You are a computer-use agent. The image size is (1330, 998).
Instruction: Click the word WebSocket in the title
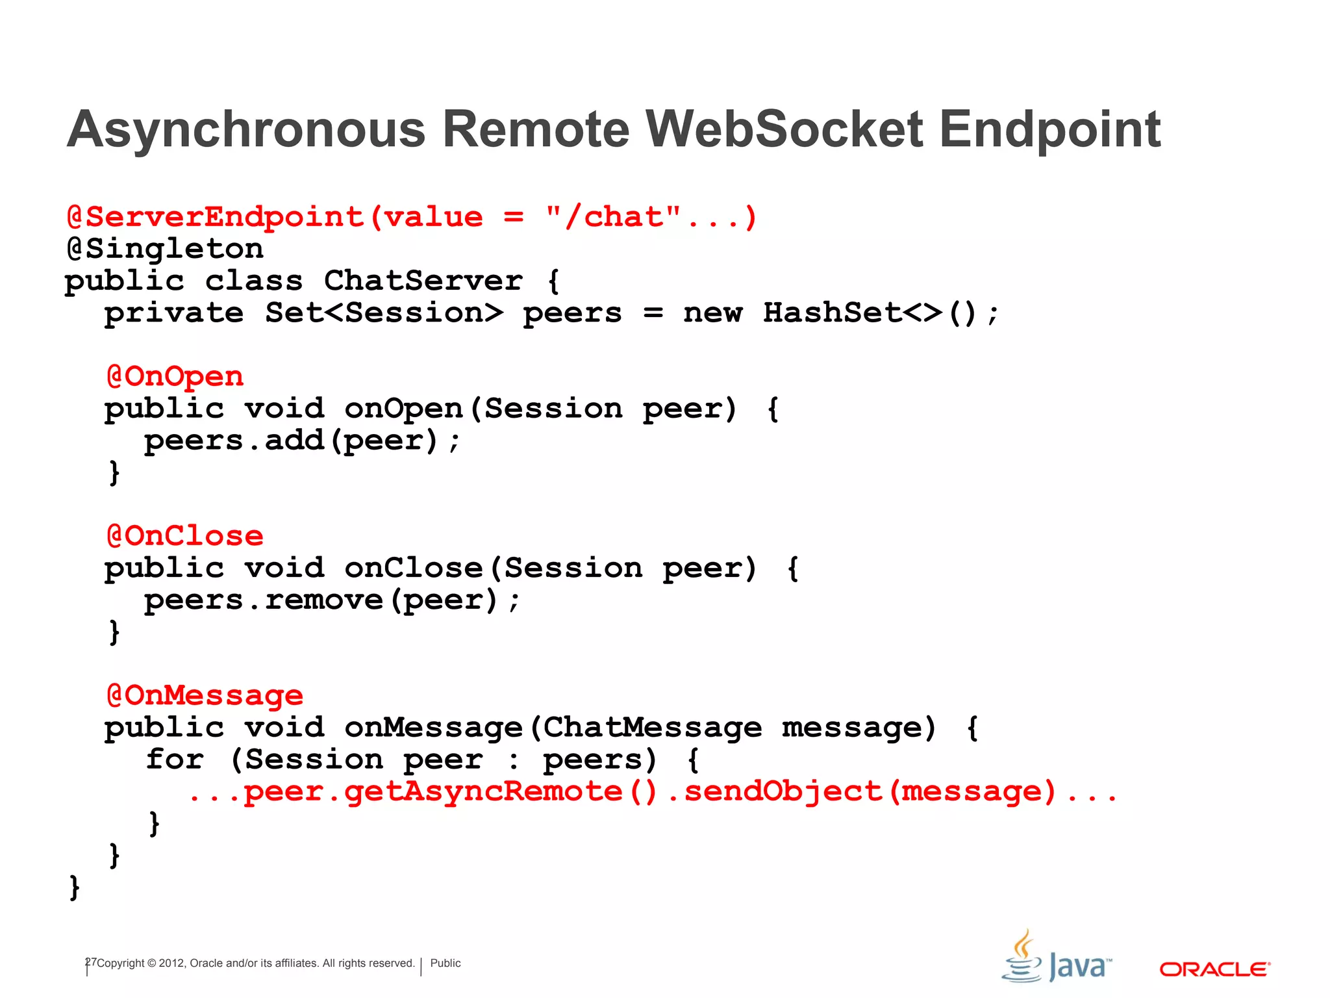pos(784,129)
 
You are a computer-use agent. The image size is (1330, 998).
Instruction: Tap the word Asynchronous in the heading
pos(246,129)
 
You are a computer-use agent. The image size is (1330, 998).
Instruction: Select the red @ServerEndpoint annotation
pos(215,217)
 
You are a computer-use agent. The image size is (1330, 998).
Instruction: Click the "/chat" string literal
pos(613,217)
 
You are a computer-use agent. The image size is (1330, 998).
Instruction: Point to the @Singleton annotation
pos(165,249)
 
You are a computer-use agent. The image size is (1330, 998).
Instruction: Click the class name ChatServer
pos(423,281)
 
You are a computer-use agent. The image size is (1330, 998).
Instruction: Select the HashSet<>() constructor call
pos(870,313)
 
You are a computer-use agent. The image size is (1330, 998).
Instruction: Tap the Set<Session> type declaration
pos(384,313)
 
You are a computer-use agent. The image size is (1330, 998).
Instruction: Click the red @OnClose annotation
pos(185,536)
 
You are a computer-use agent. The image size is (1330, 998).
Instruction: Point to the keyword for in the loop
pos(175,760)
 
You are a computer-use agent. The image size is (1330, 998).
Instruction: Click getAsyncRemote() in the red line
pos(500,791)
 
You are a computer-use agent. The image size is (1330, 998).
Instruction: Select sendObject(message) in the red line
pos(870,791)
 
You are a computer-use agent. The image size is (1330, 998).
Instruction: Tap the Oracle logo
pos(1214,969)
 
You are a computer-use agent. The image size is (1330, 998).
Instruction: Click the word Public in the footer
pos(445,963)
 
